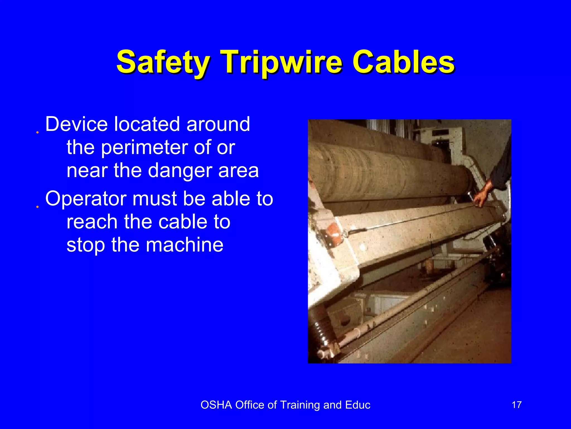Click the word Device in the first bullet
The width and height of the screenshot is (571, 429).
pos(76,124)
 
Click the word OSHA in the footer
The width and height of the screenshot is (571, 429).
pos(216,405)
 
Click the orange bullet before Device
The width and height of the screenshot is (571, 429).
pos(37,132)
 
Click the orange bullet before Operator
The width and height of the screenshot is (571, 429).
pos(37,207)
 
